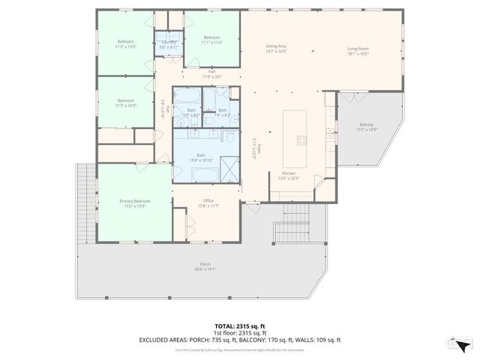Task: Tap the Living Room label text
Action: click(358, 52)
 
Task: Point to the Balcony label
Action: click(367, 127)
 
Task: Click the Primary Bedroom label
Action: click(136, 203)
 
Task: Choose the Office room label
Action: click(208, 203)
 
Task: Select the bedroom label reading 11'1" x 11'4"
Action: click(211, 40)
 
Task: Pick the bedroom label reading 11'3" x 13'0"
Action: click(125, 43)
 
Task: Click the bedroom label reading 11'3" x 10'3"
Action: click(125, 103)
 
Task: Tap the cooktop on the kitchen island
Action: click(301, 139)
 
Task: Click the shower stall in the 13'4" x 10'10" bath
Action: click(228, 173)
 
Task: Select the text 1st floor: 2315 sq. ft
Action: click(240, 333)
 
